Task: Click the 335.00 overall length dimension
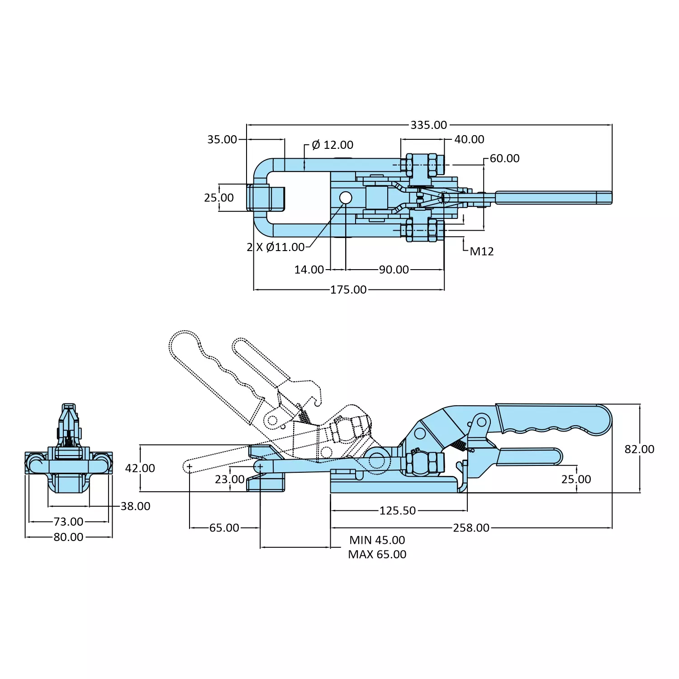coord(428,125)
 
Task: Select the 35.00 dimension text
coord(222,139)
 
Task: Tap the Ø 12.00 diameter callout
coord(332,145)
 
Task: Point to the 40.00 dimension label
coord(469,139)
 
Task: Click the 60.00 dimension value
coord(504,158)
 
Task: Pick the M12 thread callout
coord(482,252)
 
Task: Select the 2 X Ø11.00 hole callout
coord(275,247)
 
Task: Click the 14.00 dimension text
coord(309,270)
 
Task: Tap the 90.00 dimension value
coord(394,270)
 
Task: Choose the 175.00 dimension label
coord(348,290)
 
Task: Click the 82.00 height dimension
coord(639,449)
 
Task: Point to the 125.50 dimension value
coord(397,511)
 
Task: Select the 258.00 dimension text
coord(471,528)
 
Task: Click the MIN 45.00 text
coord(377,540)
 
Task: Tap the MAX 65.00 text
coord(377,554)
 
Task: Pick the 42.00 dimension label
coord(140,468)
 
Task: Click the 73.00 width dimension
coord(68,522)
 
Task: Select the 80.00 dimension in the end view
coord(68,537)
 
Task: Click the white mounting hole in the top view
coord(346,198)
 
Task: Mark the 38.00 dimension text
coord(135,506)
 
